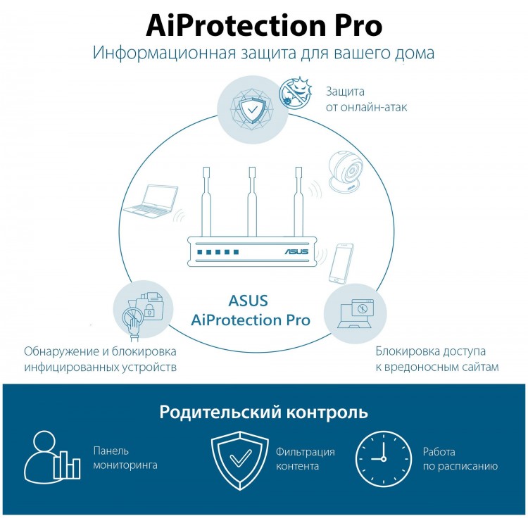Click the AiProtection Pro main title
264,26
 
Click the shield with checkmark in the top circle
253,109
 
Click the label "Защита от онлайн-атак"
366,99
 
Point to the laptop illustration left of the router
151,201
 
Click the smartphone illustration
341,263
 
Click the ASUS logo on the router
296,251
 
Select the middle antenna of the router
252,202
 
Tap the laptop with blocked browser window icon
356,313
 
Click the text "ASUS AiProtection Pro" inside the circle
251,310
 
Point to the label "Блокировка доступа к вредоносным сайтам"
437,359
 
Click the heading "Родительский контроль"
264,412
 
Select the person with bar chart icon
52,457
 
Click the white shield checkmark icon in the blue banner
240,460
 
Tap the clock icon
384,458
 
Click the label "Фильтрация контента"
306,458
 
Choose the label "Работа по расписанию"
460,458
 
